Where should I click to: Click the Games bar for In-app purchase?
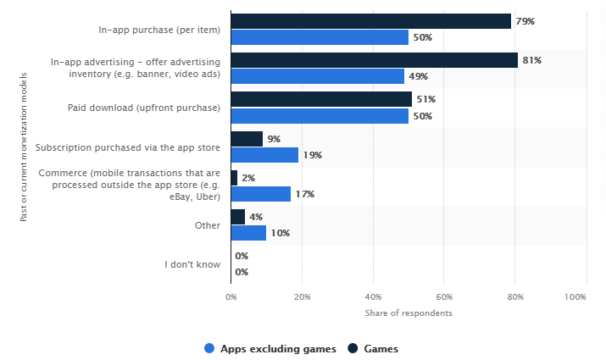coord(370,21)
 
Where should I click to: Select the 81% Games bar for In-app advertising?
coord(374,60)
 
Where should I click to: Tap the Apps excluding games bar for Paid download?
coord(320,116)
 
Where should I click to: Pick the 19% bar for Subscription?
coord(264,155)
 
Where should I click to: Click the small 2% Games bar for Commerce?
coord(234,178)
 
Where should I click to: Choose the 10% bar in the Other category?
coord(248,233)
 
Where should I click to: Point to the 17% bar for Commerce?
coord(261,194)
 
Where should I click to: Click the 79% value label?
coord(525,21)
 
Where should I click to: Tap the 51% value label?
coord(426,99)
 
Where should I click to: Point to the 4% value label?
coord(256,217)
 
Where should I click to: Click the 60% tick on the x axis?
coord(445,297)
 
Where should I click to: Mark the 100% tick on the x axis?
coord(575,297)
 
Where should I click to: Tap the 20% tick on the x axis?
coord(303,297)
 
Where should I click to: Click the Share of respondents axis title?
coord(409,313)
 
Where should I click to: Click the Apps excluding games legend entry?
coord(271,348)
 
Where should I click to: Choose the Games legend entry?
coord(373,348)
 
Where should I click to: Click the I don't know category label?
coord(192,264)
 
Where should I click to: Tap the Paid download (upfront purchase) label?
coord(144,108)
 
